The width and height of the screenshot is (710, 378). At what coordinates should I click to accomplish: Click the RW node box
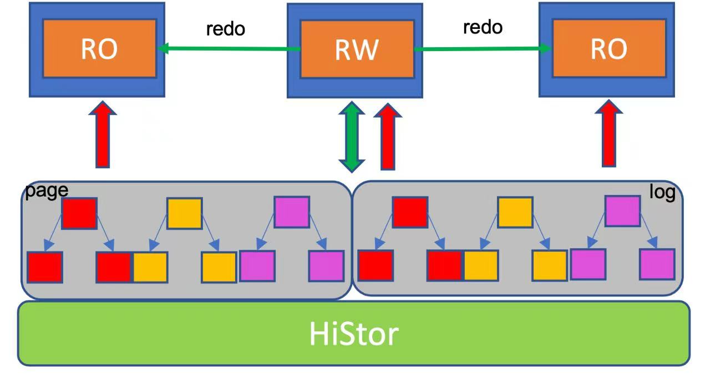pos(355,51)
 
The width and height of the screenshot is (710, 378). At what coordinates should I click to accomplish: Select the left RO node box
pos(97,49)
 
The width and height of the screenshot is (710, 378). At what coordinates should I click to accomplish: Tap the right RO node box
pos(607,49)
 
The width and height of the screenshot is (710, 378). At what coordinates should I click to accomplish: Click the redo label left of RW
pos(226,29)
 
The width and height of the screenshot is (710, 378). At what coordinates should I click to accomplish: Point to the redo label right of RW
pos(483,27)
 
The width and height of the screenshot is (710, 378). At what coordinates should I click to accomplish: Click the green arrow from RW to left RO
pos(229,49)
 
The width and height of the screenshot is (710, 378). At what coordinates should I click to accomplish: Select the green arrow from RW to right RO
pos(483,49)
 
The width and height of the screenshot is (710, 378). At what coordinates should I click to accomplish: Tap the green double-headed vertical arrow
pos(352,137)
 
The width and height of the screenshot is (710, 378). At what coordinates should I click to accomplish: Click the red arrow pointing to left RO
pos(103,134)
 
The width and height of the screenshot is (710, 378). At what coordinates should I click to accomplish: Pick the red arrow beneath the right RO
pos(609,133)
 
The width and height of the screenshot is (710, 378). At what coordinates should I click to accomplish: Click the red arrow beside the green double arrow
pos(388,137)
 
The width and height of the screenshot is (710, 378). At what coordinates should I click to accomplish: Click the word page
pos(47,191)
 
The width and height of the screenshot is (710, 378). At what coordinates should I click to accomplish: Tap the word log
pos(662,191)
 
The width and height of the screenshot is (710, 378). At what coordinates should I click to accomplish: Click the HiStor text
pos(354,334)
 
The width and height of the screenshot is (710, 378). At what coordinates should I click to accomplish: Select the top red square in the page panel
pos(79,213)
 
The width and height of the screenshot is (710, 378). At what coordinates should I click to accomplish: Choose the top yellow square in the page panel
pos(185,213)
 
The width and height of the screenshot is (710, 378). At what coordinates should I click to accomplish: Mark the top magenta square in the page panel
pos(292,212)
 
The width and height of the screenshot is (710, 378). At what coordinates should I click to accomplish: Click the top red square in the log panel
pos(410,212)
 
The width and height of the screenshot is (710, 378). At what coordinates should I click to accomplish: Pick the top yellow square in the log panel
pos(515,212)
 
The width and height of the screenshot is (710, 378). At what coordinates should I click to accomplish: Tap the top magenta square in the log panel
pos(622,211)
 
